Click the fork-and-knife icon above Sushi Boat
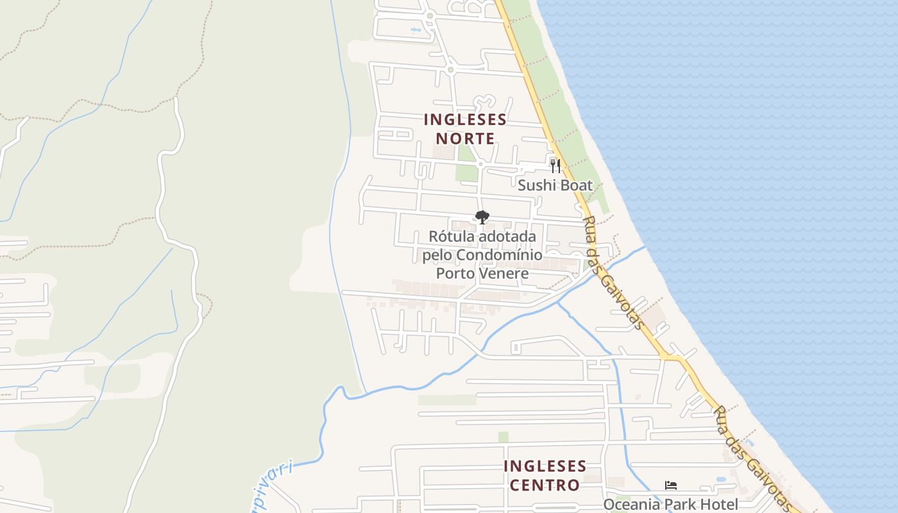[x=555, y=166]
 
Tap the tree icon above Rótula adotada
[x=482, y=217]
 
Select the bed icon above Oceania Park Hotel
[x=671, y=485]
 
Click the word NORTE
[x=465, y=139]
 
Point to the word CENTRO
[x=545, y=485]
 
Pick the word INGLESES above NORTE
[x=465, y=120]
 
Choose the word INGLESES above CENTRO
[x=545, y=466]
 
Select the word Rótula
[x=448, y=237]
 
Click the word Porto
[x=456, y=274]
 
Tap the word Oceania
[x=631, y=505]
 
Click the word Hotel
[x=719, y=505]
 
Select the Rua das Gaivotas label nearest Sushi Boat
[x=613, y=273]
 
